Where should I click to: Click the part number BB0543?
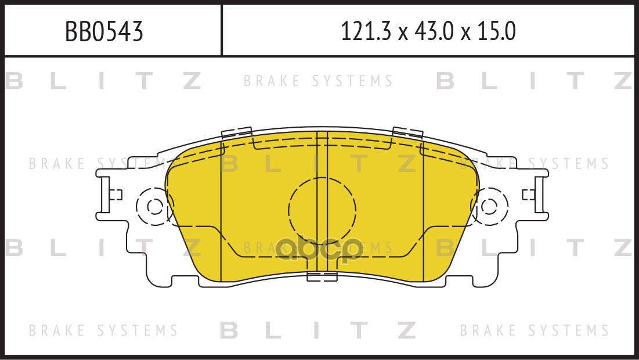click(x=104, y=32)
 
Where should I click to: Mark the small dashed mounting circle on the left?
click(x=154, y=207)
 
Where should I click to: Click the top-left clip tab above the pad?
click(x=236, y=132)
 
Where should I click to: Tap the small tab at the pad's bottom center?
click(x=322, y=276)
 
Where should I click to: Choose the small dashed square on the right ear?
click(x=528, y=195)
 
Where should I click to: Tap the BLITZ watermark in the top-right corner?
click(x=534, y=81)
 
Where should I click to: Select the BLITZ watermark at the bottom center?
click(x=319, y=330)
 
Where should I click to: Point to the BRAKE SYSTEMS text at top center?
click(x=319, y=81)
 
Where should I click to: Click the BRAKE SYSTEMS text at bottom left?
click(x=103, y=330)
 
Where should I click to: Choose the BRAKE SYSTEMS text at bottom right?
click(x=534, y=330)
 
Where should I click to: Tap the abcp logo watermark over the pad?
click(x=319, y=251)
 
